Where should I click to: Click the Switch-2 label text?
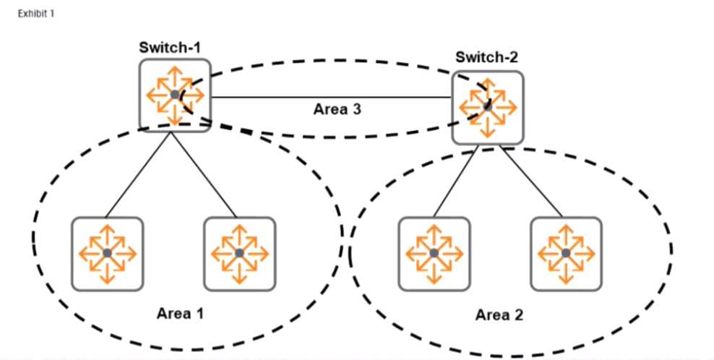pos(488,56)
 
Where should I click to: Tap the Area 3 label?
pos(337,110)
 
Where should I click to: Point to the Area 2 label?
pos(499,314)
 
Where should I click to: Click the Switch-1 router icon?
pos(174,95)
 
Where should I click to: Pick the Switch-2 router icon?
pos(488,107)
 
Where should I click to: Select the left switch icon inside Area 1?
pos(107,252)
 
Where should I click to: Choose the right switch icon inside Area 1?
pos(239,252)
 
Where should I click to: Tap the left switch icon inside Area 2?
pos(433,252)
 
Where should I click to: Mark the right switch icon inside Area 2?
pos(565,252)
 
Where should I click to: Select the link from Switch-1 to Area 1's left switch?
pos(137,174)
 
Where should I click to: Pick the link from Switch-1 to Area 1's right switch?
pos(205,174)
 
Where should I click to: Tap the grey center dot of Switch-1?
pos(174,95)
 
